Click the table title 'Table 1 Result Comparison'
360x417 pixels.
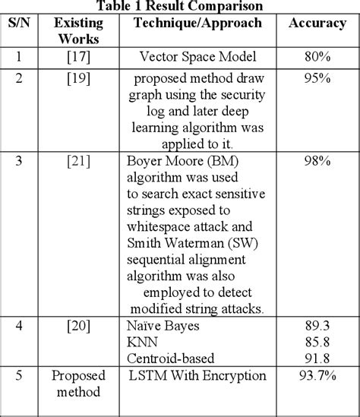point(180,6)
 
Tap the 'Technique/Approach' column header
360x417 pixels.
point(197,24)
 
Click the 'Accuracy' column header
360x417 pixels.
point(317,24)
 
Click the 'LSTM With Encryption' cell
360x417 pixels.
point(197,376)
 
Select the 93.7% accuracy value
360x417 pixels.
point(318,376)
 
